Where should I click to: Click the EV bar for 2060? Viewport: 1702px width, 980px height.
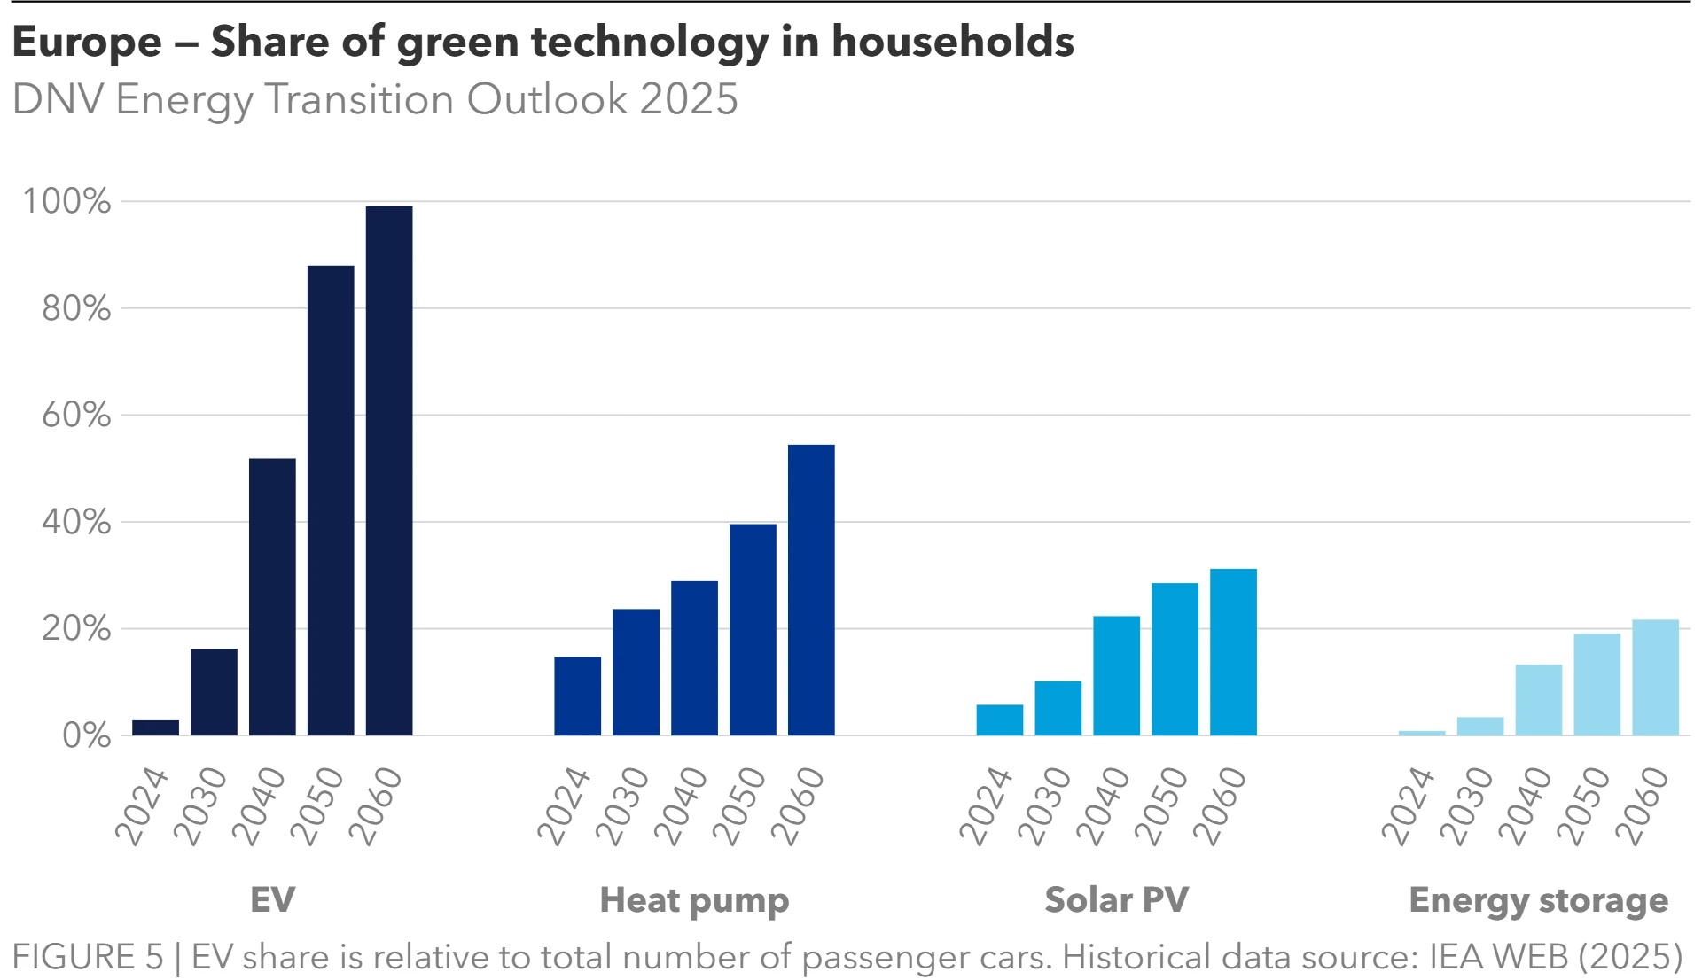click(389, 471)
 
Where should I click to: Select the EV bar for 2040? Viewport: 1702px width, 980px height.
click(272, 596)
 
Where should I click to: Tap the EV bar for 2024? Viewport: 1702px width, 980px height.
click(155, 727)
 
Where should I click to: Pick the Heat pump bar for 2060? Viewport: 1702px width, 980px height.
click(811, 589)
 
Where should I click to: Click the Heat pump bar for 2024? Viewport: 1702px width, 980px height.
click(577, 696)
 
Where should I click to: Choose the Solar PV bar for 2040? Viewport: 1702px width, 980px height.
click(1116, 675)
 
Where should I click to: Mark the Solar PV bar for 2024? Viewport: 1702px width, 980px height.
click(999, 719)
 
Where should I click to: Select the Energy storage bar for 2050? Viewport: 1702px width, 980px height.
click(1597, 684)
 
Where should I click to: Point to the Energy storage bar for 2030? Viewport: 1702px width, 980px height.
click(1479, 727)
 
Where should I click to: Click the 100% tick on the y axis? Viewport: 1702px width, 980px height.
click(67, 201)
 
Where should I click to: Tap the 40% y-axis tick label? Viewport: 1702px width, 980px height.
click(76, 522)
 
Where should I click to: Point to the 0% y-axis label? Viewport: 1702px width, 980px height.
click(86, 735)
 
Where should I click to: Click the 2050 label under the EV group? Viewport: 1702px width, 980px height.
click(317, 805)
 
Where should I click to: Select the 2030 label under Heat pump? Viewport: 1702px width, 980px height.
click(622, 805)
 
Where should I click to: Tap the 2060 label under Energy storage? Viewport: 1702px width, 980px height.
click(1642, 805)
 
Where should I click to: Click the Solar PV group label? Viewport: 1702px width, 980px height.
click(1116, 900)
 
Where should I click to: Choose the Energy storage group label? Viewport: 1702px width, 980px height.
click(1538, 900)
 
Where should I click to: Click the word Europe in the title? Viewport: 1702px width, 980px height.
click(87, 42)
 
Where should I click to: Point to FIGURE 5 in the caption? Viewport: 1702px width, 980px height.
click(88, 957)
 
